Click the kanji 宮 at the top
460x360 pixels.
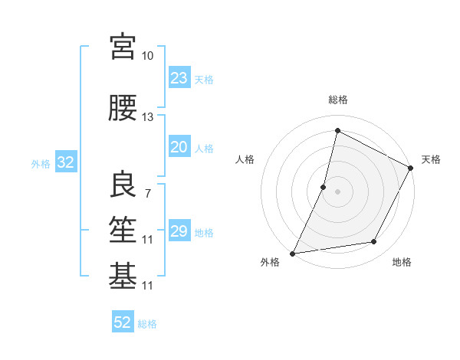tap(123, 47)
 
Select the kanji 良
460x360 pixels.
tap(123, 184)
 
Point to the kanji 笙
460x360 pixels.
tap(123, 231)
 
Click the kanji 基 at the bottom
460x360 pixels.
tap(123, 277)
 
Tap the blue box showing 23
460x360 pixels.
tap(179, 77)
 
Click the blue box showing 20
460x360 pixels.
tap(179, 147)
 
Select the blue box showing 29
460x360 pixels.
tap(179, 231)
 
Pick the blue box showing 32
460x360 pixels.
tap(65, 162)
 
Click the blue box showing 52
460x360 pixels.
tap(123, 322)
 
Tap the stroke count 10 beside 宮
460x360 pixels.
tap(147, 56)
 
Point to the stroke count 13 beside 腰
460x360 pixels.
tap(147, 117)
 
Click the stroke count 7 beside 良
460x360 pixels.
tap(147, 193)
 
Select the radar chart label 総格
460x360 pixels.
tap(337, 100)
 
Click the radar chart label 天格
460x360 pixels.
tap(431, 159)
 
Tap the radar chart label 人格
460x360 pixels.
tap(245, 159)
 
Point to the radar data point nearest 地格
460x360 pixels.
tap(374, 242)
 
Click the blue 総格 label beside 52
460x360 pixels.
tap(147, 323)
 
